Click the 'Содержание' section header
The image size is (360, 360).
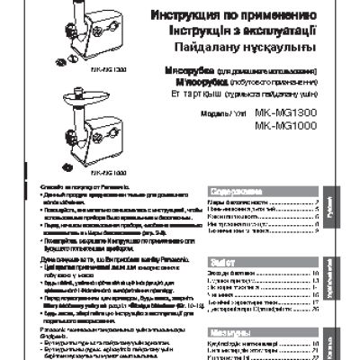coord(235,192)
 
